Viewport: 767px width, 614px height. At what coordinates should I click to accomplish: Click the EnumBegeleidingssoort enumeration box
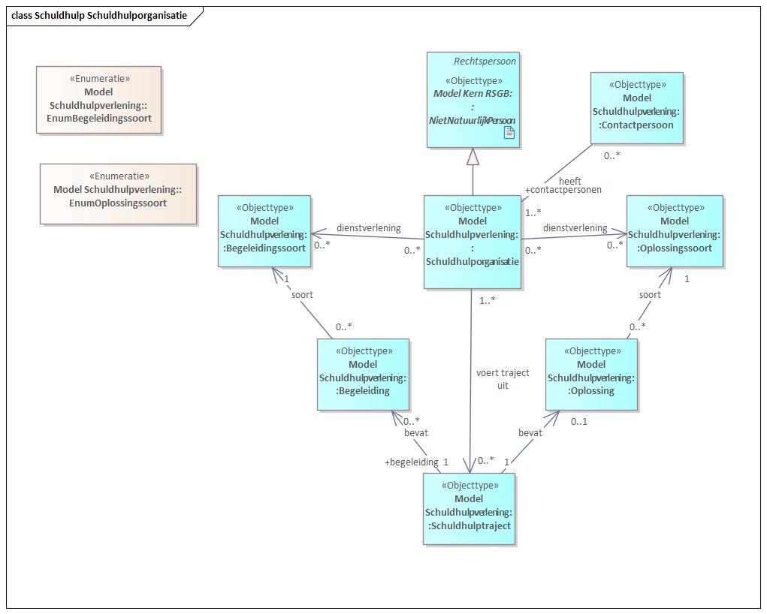99,100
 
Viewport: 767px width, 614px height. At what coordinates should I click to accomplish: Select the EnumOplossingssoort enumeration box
119,194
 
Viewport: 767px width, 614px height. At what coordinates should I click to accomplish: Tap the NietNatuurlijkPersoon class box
473,100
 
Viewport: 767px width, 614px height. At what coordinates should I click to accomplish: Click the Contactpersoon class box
637,108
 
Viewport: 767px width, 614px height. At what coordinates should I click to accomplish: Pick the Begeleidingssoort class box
264,231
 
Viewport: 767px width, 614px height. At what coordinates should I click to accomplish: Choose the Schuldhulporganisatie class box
473,242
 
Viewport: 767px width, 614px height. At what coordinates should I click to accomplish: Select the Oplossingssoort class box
675,231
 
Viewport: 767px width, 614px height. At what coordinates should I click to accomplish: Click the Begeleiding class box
363,375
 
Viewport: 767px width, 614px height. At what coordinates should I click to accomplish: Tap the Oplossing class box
591,375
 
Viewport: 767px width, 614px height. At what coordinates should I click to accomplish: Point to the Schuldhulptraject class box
469,508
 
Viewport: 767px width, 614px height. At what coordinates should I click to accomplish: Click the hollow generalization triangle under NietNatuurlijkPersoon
473,157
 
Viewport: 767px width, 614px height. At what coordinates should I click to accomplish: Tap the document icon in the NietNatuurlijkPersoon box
509,132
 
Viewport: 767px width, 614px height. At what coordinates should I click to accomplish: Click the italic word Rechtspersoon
485,61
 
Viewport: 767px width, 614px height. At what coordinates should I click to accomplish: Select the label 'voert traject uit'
503,379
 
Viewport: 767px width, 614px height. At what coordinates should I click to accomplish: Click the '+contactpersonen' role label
563,190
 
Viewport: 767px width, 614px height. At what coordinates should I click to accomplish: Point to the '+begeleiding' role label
412,462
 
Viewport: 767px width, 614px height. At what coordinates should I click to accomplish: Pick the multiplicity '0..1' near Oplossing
579,421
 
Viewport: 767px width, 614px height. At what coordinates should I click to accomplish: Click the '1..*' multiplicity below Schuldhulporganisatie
488,301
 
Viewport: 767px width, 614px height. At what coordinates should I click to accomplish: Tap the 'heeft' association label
570,181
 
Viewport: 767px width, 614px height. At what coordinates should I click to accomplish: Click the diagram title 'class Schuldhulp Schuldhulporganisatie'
99,15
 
